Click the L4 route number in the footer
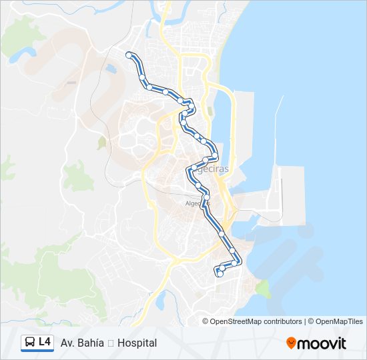click(45, 342)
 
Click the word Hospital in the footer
click(137, 343)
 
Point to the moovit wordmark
click(322, 343)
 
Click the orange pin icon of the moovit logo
click(291, 343)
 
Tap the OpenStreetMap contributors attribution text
click(256, 321)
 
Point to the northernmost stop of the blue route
click(128, 54)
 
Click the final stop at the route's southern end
click(220, 273)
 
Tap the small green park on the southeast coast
click(262, 288)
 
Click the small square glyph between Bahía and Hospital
click(111, 343)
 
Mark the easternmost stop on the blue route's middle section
click(215, 155)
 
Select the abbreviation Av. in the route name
click(67, 343)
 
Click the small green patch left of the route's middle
click(101, 142)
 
